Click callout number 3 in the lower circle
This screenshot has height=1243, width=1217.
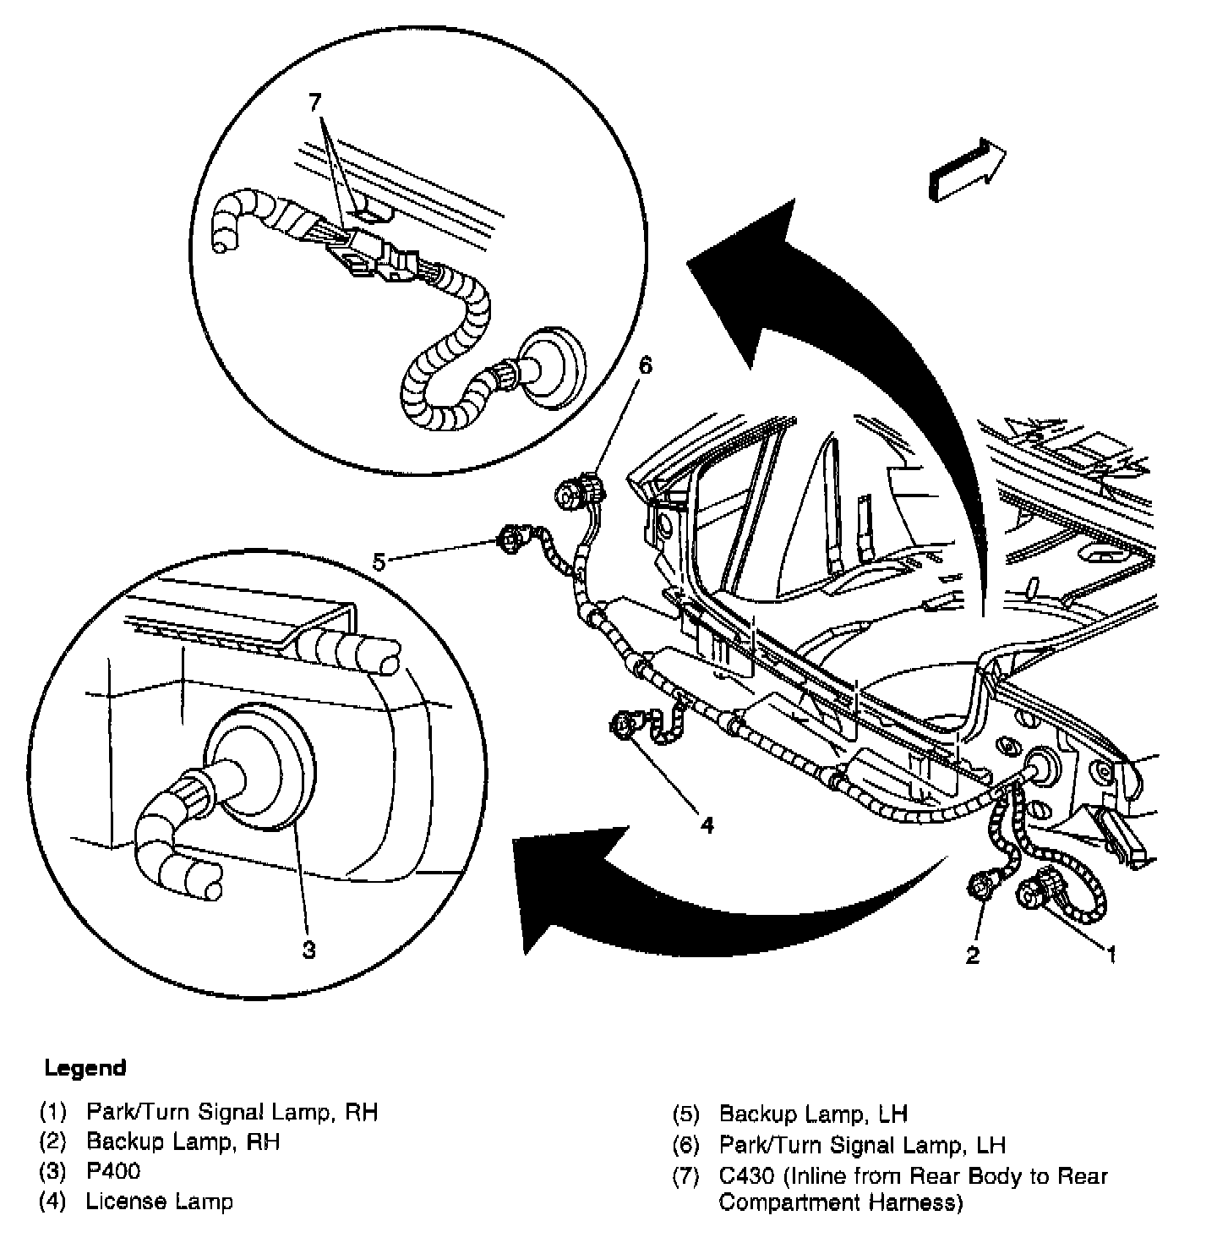(309, 950)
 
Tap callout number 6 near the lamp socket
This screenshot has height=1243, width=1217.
(646, 364)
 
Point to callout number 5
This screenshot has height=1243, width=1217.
(379, 561)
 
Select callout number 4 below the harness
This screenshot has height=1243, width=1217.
(706, 824)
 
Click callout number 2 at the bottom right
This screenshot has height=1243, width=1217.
(973, 956)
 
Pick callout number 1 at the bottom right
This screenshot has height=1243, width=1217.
(1111, 954)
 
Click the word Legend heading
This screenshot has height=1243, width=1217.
(85, 1068)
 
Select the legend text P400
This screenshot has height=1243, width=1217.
(113, 1171)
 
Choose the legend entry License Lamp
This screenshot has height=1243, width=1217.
(159, 1201)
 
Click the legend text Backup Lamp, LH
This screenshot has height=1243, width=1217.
(813, 1114)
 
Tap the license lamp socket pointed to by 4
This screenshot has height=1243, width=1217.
(619, 724)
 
